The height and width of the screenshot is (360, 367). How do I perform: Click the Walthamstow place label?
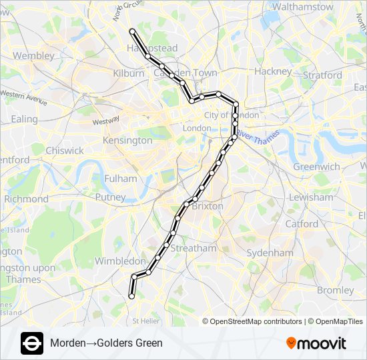303,7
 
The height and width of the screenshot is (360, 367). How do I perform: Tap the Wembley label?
33,56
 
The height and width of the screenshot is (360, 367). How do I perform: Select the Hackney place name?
273,71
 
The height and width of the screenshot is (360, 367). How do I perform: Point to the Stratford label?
322,75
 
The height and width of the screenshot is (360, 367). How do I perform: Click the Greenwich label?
316,167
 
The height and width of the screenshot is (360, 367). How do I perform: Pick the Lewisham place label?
311,197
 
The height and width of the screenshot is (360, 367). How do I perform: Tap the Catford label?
302,224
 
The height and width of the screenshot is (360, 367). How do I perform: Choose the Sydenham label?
270,253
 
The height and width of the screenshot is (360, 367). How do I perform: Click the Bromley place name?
336,290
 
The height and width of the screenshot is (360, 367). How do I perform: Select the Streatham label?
194,248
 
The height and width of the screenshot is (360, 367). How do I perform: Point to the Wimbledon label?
120,261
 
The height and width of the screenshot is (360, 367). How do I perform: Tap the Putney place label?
110,197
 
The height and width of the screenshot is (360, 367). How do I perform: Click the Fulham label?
121,179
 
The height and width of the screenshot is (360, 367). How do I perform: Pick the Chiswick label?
65,151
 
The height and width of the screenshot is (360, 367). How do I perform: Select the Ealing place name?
25,119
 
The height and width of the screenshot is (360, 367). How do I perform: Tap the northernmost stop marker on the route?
133,31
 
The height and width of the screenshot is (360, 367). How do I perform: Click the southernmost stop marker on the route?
131,296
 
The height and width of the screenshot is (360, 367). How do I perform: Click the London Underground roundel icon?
32,343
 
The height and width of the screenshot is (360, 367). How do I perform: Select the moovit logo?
316,343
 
